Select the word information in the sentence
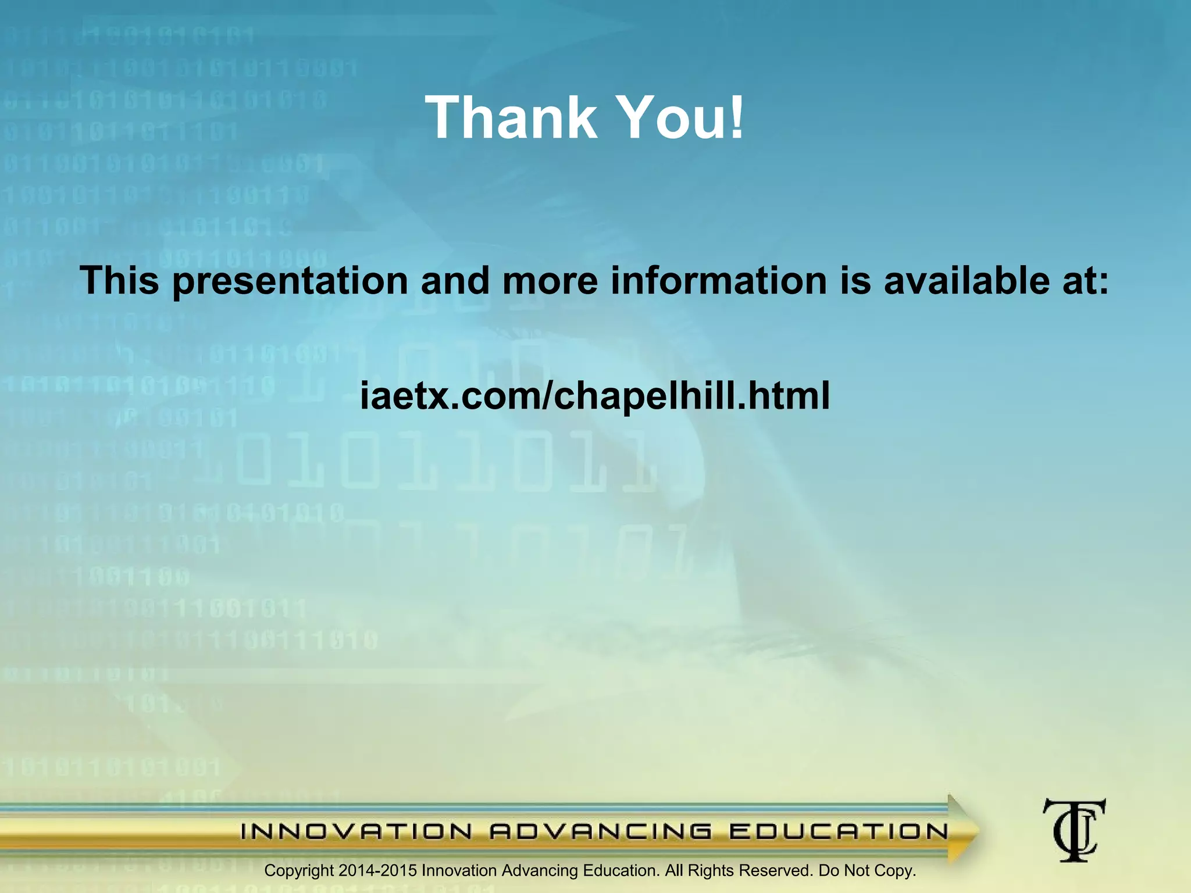coord(719,281)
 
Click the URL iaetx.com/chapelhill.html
coord(595,395)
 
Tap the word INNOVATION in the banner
coord(356,832)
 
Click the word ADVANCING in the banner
coord(601,832)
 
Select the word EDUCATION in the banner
coord(839,832)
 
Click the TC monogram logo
coord(1074,830)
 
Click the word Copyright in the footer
coord(299,871)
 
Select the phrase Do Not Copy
coord(866,871)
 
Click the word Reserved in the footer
coord(775,871)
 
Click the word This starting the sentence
coord(119,281)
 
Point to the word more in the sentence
coord(550,281)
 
